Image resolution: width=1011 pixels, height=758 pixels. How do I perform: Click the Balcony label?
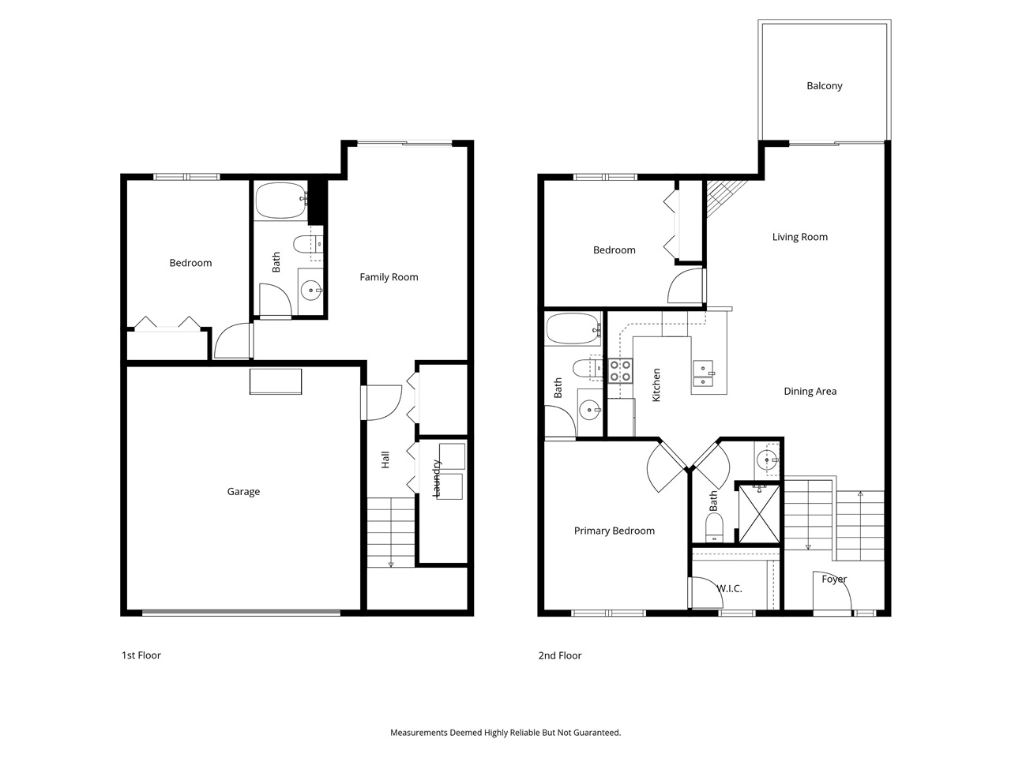tap(824, 86)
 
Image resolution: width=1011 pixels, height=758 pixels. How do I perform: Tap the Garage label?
tap(243, 492)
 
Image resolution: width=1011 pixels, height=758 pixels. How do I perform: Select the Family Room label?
tap(389, 277)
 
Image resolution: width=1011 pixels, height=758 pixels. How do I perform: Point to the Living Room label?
tap(799, 237)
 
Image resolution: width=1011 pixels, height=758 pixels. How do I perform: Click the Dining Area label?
tap(810, 392)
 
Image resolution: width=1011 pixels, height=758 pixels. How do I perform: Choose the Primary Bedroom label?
tap(614, 531)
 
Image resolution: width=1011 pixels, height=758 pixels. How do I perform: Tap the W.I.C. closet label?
tap(729, 589)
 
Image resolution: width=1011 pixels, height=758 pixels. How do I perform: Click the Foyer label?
tap(834, 580)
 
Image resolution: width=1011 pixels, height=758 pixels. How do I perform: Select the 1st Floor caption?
tap(141, 655)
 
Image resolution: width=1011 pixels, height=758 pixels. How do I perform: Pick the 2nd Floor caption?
tap(559, 655)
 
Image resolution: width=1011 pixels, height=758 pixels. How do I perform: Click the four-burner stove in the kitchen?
tap(620, 370)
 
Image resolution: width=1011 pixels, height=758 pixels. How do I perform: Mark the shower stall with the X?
tap(759, 513)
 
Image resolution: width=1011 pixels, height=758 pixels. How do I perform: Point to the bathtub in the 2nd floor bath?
tap(572, 329)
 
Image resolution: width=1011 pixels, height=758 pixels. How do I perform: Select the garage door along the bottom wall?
tap(241, 612)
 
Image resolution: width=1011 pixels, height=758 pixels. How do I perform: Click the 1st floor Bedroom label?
tap(190, 263)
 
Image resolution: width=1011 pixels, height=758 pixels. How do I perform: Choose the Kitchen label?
tap(656, 385)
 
